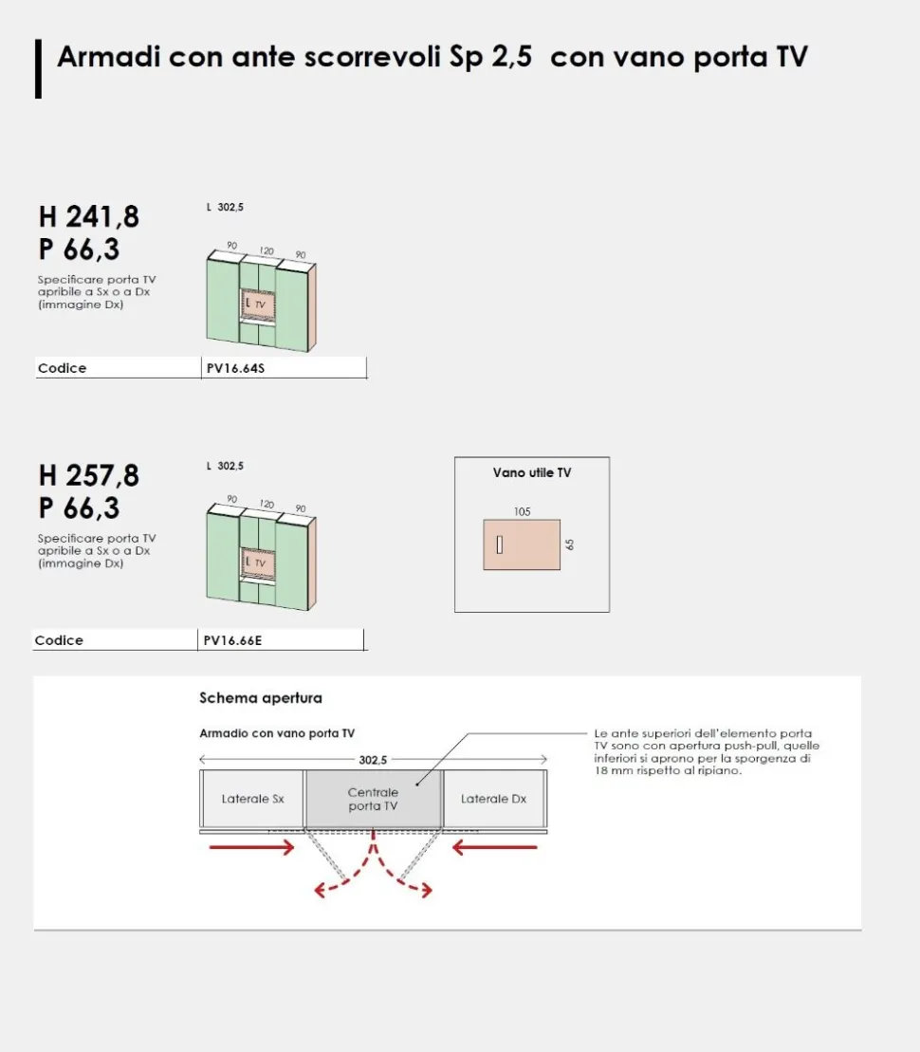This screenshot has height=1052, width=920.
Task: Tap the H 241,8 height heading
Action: [x=89, y=216]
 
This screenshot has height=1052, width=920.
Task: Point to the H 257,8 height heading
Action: [x=89, y=475]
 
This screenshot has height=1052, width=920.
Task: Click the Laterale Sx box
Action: [x=252, y=799]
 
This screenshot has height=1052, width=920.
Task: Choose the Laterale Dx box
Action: [x=494, y=799]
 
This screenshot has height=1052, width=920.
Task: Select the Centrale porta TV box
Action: [x=373, y=799]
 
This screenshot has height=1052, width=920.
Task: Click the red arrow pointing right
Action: [x=251, y=847]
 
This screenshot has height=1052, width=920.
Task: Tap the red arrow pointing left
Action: [x=494, y=847]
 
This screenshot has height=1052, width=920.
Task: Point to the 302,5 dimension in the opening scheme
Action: [x=373, y=760]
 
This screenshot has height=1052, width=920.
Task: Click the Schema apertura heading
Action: [x=261, y=698]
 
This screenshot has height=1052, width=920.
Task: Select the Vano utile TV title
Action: [x=532, y=473]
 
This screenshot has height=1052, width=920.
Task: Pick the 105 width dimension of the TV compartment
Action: [x=522, y=512]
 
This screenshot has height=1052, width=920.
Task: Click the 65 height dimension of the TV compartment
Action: [x=570, y=544]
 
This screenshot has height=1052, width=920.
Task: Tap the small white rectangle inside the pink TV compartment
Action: [x=499, y=544]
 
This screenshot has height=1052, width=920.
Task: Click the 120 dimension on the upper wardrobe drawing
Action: [x=267, y=250]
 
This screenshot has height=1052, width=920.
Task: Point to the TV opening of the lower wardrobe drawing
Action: [x=259, y=563]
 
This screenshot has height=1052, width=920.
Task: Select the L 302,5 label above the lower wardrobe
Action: [x=225, y=466]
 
